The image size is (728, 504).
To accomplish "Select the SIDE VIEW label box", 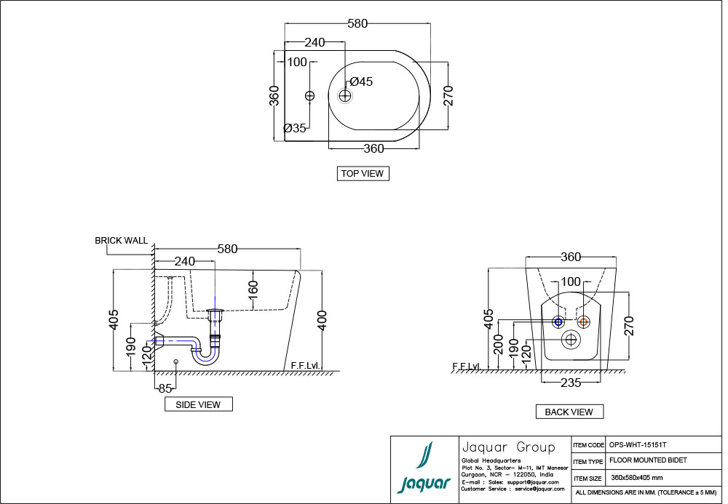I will click(198, 404).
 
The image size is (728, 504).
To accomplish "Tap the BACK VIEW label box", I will click(569, 412).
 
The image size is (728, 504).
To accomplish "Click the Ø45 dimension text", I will click(361, 81).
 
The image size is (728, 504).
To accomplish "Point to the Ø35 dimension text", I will click(295, 128).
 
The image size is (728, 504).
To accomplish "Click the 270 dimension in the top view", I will click(448, 95).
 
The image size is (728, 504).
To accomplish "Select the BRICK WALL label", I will click(121, 240).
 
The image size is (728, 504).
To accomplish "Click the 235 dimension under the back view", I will click(570, 381).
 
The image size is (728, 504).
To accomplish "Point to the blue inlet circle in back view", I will click(558, 322).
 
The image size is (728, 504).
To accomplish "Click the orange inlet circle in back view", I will click(582, 322).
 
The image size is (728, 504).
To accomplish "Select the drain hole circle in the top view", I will click(345, 95).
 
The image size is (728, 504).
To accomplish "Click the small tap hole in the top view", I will click(309, 95).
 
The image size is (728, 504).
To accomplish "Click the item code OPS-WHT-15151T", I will click(638, 444).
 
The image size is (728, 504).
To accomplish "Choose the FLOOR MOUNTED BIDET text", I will click(648, 461).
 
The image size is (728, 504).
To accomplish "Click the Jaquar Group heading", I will click(508, 447).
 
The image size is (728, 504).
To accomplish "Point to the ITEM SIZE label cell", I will click(588, 478).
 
